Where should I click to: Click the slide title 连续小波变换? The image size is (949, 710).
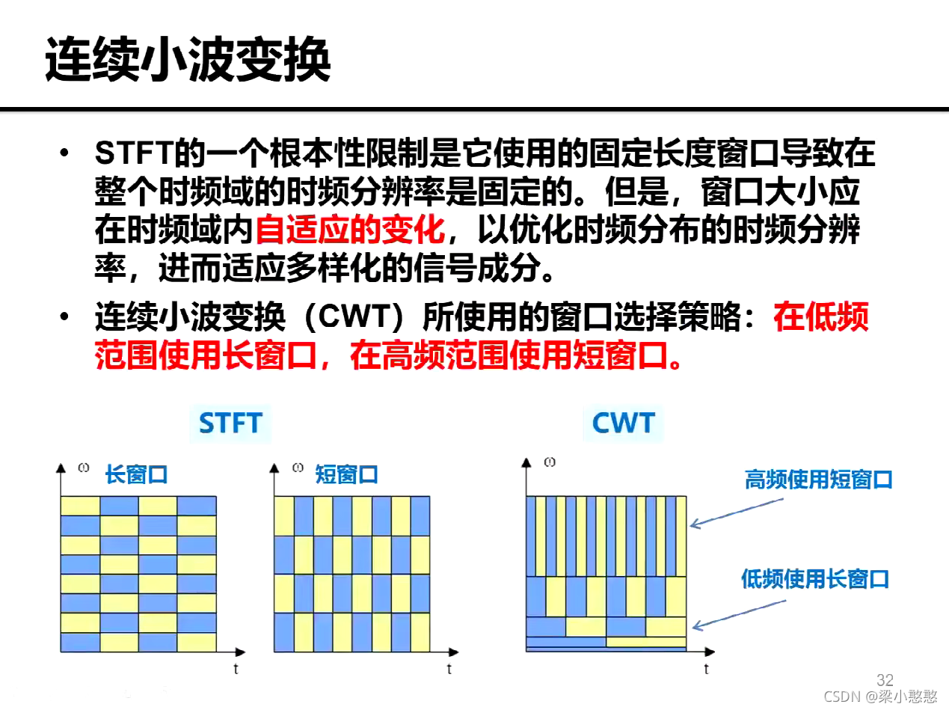click(x=188, y=61)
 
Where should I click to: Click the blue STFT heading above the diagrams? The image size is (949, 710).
click(x=230, y=423)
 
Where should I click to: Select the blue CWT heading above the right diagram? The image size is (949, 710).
click(x=623, y=423)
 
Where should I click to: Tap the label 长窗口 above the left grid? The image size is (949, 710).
click(x=136, y=475)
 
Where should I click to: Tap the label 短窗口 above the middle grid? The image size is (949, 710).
click(x=347, y=475)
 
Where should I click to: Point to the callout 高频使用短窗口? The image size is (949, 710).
click(x=819, y=480)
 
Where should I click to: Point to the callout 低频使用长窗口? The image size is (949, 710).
click(x=815, y=578)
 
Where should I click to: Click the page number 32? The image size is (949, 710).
click(x=885, y=679)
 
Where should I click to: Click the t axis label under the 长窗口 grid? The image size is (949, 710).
click(x=236, y=669)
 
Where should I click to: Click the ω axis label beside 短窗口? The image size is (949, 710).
click(x=298, y=469)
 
